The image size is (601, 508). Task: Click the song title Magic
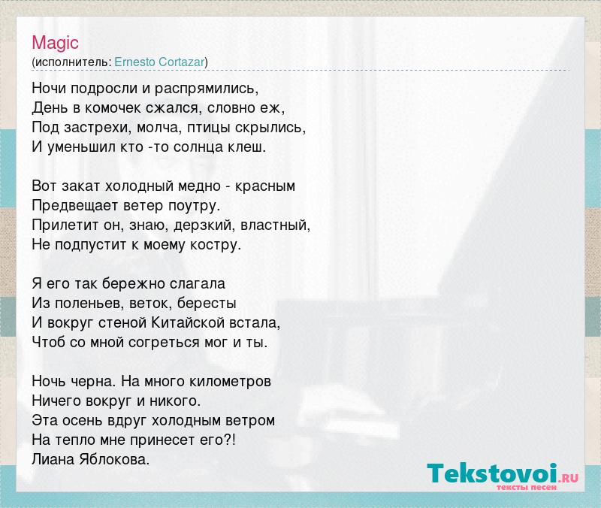tap(55, 43)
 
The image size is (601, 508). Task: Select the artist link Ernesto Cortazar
tap(159, 62)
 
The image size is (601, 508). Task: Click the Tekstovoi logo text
tap(492, 473)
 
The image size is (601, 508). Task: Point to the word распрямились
tap(207, 89)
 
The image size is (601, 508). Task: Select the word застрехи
tap(98, 128)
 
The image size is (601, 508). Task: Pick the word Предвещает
tap(75, 206)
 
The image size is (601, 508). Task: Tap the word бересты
tap(207, 304)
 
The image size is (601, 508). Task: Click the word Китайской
tap(188, 322)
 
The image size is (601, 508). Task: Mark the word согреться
tap(164, 343)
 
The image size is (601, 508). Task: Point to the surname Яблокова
tap(114, 459)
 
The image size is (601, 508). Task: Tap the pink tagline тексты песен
tap(527, 488)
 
